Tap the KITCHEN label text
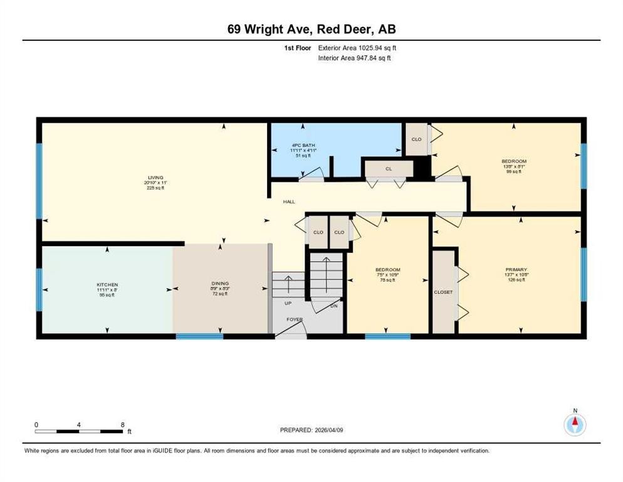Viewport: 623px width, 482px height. [x=107, y=285]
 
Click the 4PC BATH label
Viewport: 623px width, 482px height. [x=299, y=146]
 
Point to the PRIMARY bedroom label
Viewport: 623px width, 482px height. [x=517, y=269]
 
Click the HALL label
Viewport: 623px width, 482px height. [x=289, y=202]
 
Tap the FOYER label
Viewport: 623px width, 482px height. [x=295, y=319]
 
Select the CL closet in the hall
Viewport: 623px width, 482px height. [x=389, y=169]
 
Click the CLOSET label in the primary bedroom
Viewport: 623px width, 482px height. [x=443, y=292]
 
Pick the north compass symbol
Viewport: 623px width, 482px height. [x=575, y=424]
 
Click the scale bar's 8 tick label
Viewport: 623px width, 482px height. [x=122, y=425]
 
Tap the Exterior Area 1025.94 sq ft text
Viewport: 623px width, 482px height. [x=357, y=48]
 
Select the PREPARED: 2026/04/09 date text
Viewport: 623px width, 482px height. [x=312, y=430]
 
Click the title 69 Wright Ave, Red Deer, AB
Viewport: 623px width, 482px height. [x=311, y=29]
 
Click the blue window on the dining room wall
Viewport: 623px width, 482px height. [x=199, y=336]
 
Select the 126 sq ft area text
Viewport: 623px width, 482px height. [x=517, y=280]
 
